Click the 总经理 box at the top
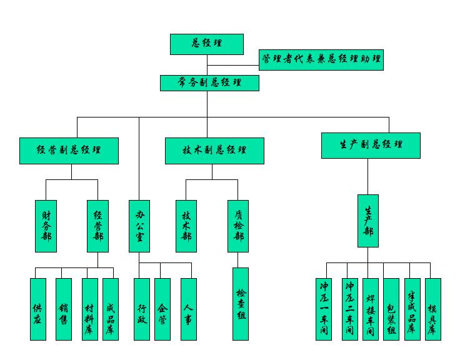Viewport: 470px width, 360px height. (x=207, y=44)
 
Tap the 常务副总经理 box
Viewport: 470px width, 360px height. (x=209, y=82)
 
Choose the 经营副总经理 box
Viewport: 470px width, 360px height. (x=69, y=151)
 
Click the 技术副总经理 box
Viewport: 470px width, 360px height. (x=214, y=151)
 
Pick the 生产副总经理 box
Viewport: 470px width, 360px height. (x=371, y=145)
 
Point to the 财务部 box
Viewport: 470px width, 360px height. (x=46, y=226)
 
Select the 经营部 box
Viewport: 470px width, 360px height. (x=97, y=226)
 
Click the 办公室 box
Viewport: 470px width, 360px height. (x=139, y=226)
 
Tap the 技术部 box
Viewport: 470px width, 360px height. (x=186, y=226)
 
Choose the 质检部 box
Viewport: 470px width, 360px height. (x=238, y=226)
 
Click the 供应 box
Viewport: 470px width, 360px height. (x=37, y=309)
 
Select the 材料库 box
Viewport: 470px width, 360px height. (x=89, y=309)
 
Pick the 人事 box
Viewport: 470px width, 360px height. (x=189, y=309)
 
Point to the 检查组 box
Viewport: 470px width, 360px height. (x=241, y=304)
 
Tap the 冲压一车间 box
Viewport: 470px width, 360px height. (x=324, y=309)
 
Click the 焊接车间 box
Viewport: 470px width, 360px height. (x=371, y=309)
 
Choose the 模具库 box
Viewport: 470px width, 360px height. (x=433, y=309)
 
